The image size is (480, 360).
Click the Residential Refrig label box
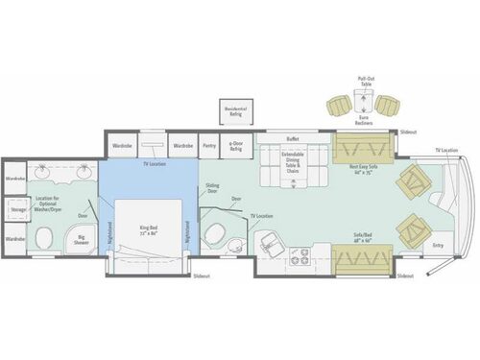(236, 111)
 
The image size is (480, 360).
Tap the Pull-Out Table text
(365, 84)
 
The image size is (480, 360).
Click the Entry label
(439, 245)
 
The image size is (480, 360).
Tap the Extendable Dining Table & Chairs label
(293, 162)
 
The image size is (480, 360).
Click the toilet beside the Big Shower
(44, 237)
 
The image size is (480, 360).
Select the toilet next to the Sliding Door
(215, 234)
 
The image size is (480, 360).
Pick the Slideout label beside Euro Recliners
(408, 132)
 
